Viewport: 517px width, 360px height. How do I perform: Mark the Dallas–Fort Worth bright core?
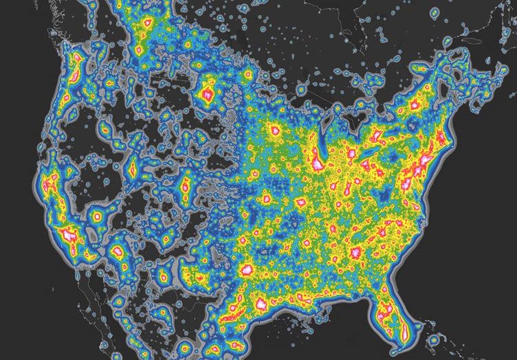245,269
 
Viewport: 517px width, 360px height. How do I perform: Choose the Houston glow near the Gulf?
263,303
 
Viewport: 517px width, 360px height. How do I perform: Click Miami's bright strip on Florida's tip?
406,335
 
